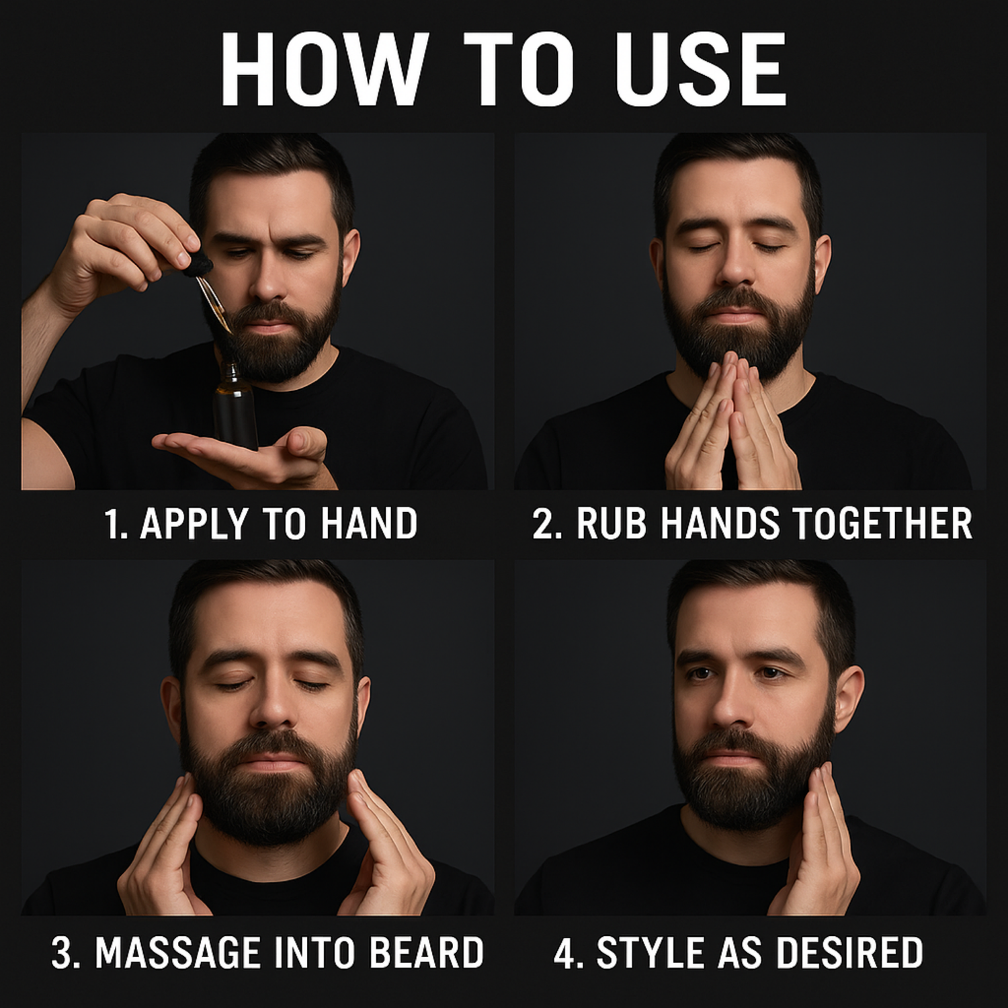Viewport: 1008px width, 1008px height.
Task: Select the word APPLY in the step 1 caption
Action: [x=194, y=525]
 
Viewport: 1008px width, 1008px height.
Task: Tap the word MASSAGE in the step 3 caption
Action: [x=178, y=953]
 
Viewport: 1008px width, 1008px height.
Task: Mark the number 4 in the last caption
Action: [x=566, y=954]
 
